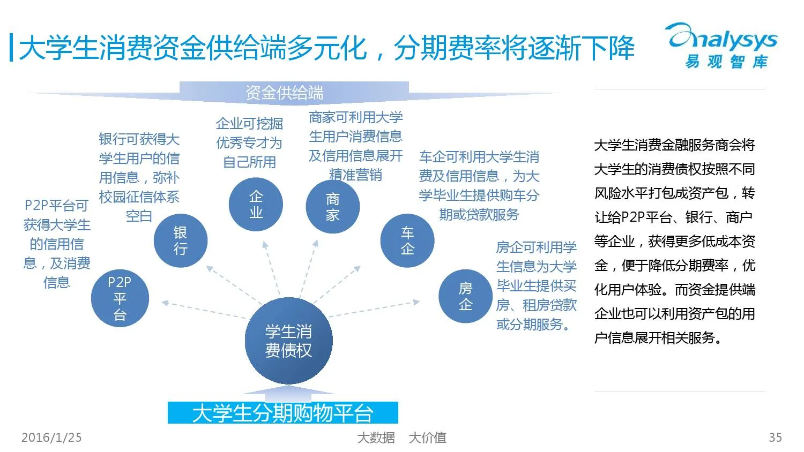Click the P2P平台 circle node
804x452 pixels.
point(120,298)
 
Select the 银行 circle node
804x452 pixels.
point(180,240)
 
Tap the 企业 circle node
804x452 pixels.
point(256,205)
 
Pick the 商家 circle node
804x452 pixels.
point(332,207)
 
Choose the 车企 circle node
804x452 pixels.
point(407,240)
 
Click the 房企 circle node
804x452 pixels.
point(465,296)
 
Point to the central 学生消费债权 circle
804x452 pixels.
point(288,341)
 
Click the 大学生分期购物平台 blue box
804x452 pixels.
point(282,413)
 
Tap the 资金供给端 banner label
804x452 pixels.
point(284,93)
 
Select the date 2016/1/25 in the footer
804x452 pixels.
point(51,438)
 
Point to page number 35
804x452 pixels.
point(775,438)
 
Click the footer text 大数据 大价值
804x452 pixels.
point(401,438)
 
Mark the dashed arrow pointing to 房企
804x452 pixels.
point(375,309)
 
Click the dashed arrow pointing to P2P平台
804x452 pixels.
point(204,310)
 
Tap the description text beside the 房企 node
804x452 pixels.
point(536,285)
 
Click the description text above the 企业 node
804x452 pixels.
point(249,142)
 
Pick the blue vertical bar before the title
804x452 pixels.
point(11,48)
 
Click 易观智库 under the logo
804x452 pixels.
point(726,62)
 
